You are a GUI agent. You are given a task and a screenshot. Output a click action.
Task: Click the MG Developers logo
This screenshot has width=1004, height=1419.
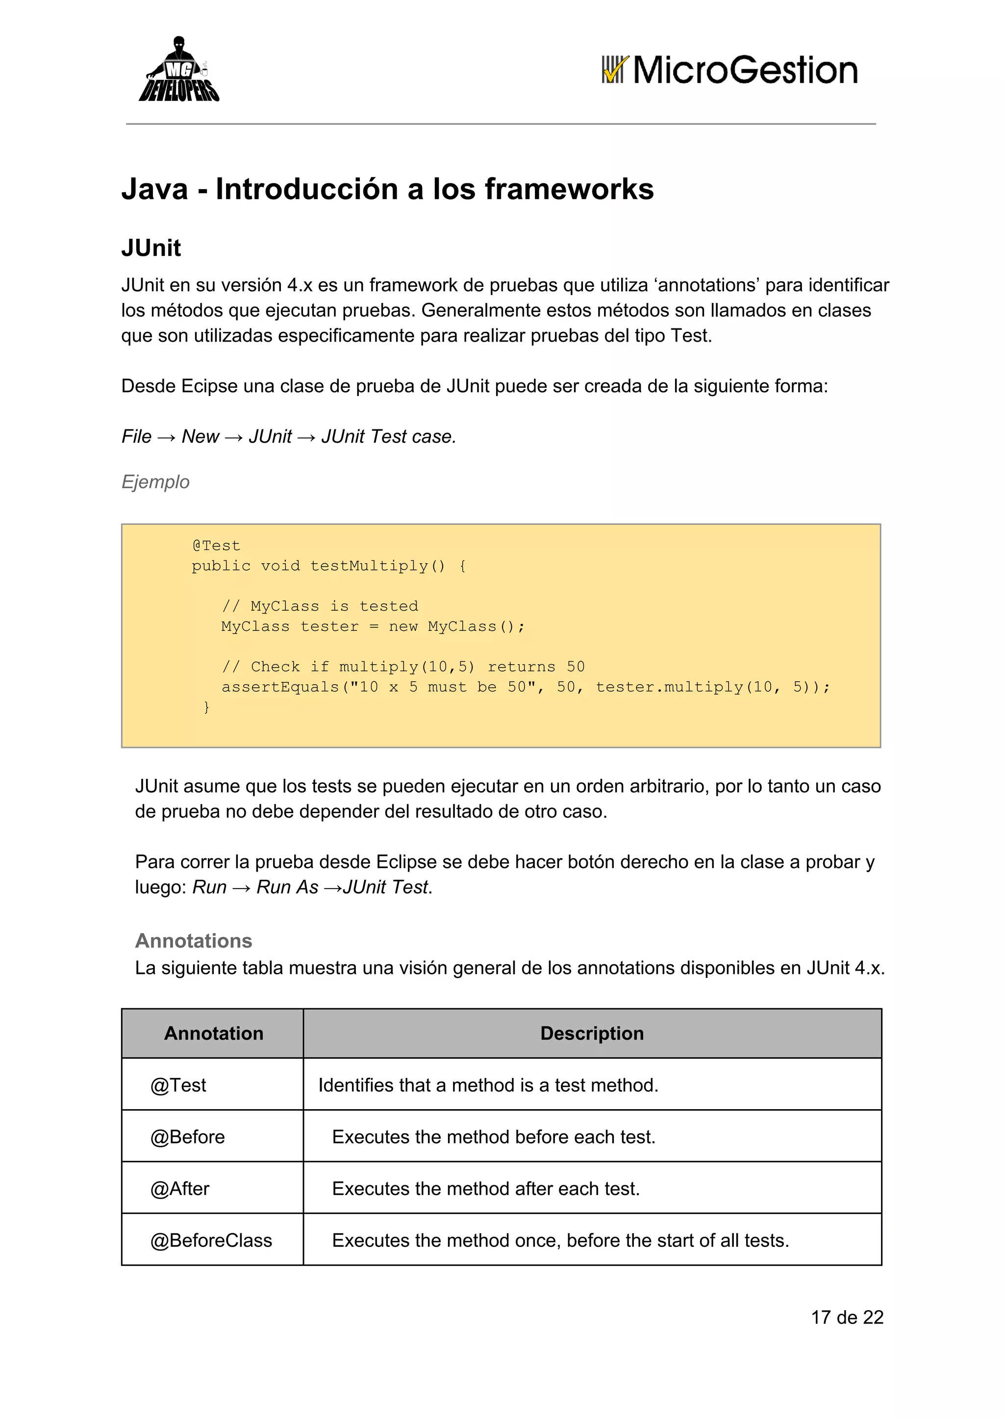(178, 70)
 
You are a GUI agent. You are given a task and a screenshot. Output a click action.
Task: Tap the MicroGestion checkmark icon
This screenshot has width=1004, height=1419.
(615, 70)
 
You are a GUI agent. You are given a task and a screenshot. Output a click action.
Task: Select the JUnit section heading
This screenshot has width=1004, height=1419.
(151, 248)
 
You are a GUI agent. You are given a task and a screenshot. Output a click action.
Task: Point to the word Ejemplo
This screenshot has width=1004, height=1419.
(155, 481)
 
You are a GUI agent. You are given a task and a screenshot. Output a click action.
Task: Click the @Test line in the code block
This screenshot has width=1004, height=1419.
(216, 546)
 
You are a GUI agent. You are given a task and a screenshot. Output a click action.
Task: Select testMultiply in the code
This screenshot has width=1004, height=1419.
(369, 566)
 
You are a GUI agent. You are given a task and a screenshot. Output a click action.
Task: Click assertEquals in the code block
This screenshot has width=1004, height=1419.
(280, 687)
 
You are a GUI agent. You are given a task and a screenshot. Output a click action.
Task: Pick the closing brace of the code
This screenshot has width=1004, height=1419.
(206, 707)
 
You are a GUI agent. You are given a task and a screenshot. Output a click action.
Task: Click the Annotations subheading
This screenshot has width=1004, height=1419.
(194, 941)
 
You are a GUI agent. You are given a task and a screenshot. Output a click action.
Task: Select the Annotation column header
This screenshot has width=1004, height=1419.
(213, 1033)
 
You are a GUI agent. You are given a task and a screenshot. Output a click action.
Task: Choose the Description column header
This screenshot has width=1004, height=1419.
(592, 1033)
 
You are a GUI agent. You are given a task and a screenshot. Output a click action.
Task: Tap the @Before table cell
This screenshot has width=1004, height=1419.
(187, 1137)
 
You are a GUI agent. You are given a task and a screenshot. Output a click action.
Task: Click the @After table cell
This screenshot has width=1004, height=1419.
(180, 1189)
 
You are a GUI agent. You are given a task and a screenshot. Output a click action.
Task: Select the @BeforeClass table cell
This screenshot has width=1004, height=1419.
(211, 1241)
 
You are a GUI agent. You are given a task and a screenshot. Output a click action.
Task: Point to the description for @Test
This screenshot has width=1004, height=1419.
(488, 1085)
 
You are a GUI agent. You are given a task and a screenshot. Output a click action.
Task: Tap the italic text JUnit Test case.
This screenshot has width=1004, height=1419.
(388, 436)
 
